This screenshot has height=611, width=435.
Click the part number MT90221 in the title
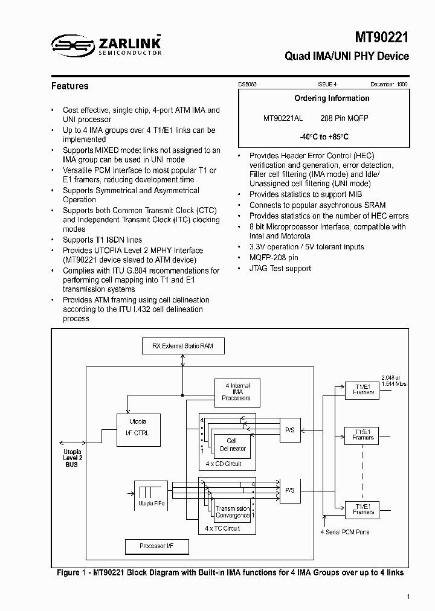381,37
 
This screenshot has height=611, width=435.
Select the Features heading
69,86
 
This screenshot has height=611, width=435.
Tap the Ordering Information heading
332,98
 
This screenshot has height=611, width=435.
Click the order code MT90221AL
283,118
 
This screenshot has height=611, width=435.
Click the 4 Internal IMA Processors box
236,392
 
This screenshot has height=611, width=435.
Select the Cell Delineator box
232,445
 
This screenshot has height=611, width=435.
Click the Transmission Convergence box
233,512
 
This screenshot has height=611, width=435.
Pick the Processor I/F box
156,546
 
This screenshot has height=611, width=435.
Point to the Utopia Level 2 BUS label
72,458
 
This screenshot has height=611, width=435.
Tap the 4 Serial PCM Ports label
344,532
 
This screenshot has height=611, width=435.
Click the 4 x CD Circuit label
223,464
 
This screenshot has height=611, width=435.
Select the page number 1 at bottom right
409,597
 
